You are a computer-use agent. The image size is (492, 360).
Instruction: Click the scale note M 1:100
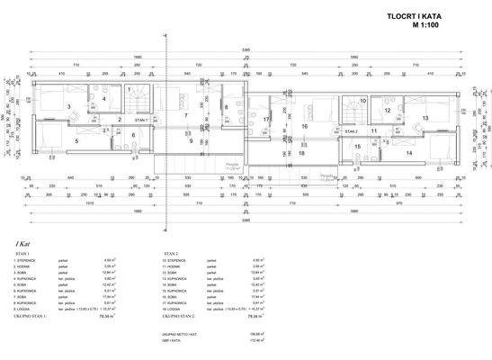[434, 26]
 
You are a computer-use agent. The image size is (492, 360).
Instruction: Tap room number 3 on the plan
[68, 106]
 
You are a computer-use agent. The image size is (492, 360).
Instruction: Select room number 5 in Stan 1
[76, 140]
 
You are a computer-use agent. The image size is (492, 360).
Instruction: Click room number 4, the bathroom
[104, 98]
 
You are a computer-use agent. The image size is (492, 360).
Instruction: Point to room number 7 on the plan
[184, 116]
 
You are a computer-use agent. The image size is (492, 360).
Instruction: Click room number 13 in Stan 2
[425, 118]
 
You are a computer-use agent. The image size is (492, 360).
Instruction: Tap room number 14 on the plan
[408, 153]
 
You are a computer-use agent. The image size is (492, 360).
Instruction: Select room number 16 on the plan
[304, 127]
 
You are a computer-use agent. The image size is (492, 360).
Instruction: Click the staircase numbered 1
[130, 90]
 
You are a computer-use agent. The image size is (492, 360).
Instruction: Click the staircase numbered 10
[362, 102]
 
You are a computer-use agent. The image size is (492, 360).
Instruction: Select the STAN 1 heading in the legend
[21, 255]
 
